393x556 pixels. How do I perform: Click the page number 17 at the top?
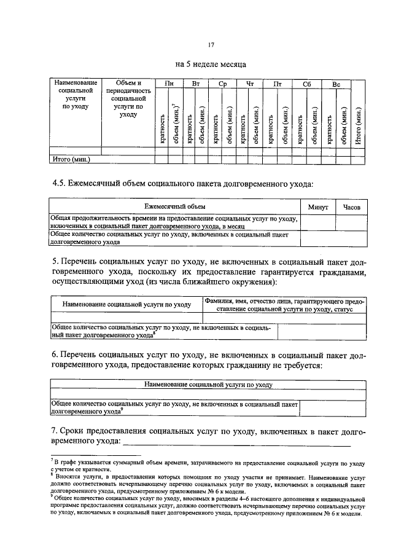tap(211, 44)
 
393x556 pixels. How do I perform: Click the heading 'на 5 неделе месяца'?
tap(211, 63)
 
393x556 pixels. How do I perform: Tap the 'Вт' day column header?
tap(196, 83)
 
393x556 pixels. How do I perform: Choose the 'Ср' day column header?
tap(222, 83)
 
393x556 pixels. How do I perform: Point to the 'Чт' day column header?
tap(249, 83)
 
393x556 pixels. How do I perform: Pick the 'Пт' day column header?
tap(277, 83)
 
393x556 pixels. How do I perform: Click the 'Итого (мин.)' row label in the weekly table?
tap(72, 159)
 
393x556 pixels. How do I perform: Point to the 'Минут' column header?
tap(318, 207)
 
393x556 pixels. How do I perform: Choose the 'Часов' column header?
tap(351, 207)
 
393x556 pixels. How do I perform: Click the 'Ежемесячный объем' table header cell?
tap(175, 207)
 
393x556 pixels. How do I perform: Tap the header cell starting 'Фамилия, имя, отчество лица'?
tap(283, 305)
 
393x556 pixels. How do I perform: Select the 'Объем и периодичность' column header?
tap(128, 98)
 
